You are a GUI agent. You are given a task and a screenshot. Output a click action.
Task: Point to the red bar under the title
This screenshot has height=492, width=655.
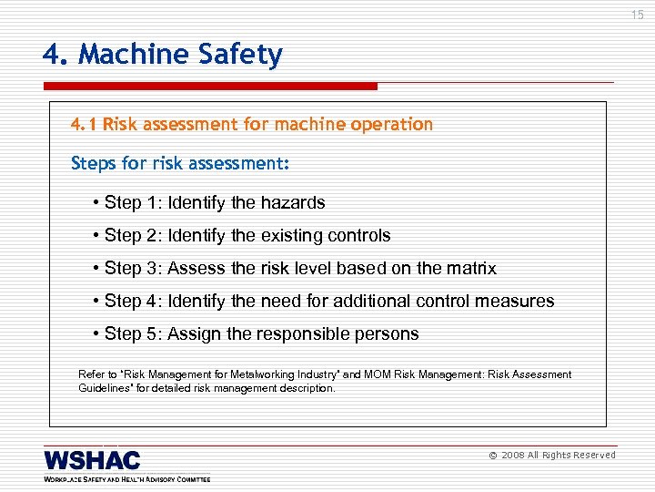click(210, 87)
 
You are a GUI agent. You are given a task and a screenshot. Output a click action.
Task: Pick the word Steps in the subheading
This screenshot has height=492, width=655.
click(93, 164)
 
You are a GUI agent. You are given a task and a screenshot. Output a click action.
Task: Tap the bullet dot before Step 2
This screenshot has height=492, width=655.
click(96, 236)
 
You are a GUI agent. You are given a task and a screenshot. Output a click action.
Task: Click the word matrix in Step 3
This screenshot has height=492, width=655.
click(471, 268)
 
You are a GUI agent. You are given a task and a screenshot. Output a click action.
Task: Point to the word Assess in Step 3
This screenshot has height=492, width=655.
click(196, 268)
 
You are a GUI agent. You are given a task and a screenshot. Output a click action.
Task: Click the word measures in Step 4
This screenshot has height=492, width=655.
click(519, 301)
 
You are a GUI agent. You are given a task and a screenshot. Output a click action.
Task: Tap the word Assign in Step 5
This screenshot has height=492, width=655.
click(195, 333)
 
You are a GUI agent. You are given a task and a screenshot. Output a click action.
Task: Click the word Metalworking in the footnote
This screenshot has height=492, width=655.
click(241, 374)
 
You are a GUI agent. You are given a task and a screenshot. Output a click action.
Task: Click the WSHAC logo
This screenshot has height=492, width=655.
click(93, 460)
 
